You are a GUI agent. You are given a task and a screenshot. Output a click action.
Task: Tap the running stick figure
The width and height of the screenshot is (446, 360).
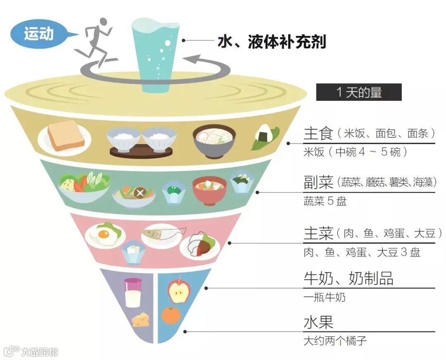96,41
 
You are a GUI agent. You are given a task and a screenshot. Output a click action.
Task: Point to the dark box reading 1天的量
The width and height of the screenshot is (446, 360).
358,92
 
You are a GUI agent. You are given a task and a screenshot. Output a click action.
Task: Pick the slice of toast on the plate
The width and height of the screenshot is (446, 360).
65,135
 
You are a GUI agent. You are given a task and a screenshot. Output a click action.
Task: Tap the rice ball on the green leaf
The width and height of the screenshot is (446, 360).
264,136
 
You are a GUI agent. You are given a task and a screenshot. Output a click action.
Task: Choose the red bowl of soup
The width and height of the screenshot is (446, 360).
209,189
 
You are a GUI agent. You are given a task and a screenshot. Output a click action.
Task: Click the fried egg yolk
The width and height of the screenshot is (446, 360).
103,236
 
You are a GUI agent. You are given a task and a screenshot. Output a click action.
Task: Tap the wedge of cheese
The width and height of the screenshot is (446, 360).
141,320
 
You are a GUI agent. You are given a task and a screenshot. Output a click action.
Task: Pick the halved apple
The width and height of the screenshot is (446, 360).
178,290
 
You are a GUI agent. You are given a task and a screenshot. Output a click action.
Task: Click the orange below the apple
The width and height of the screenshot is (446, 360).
171,315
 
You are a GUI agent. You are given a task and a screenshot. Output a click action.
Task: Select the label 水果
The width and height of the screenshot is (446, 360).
318,322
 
